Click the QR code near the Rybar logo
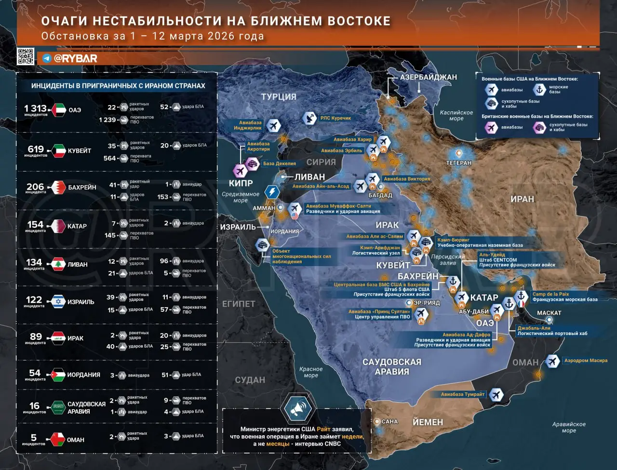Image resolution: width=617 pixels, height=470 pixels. pyautogui.click(x=26, y=56)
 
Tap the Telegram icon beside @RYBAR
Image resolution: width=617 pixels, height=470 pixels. pyautogui.click(x=47, y=58)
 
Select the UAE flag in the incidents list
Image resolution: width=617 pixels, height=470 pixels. pyautogui.click(x=58, y=110)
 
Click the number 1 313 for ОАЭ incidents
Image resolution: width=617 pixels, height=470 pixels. pyautogui.click(x=35, y=108)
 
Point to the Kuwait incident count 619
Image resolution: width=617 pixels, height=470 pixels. pyautogui.click(x=36, y=149)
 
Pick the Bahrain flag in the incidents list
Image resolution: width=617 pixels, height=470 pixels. pyautogui.click(x=58, y=187)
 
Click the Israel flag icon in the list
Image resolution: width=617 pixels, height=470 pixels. pyautogui.click(x=58, y=302)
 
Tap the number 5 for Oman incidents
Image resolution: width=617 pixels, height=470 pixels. pyautogui.click(x=34, y=437)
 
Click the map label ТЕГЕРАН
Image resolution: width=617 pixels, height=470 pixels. pyautogui.click(x=458, y=163)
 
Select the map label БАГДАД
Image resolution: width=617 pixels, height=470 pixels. pyautogui.click(x=380, y=195)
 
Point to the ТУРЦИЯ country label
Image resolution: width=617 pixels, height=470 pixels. pyautogui.click(x=279, y=97)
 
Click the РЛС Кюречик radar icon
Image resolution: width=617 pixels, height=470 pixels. pyautogui.click(x=310, y=118)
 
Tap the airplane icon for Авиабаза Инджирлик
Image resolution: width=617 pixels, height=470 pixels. pyautogui.click(x=273, y=125)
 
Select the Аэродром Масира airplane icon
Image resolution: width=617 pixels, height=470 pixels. pyautogui.click(x=552, y=361)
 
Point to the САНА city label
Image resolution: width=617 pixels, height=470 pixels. pyautogui.click(x=389, y=421)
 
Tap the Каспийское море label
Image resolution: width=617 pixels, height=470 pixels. pyautogui.click(x=456, y=115)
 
